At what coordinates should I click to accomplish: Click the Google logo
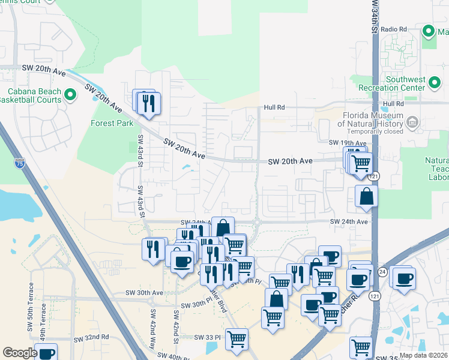[x=20, y=353]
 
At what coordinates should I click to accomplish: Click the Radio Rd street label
[x=394, y=29]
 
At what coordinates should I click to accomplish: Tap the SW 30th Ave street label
[x=144, y=293]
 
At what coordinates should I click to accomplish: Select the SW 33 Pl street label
[x=208, y=337]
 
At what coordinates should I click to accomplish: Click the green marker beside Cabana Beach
[x=70, y=94]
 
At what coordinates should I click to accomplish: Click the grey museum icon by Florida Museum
[x=412, y=123]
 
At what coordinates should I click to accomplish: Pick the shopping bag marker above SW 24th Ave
[x=366, y=196]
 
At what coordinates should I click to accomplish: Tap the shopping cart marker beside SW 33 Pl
[x=237, y=340]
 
